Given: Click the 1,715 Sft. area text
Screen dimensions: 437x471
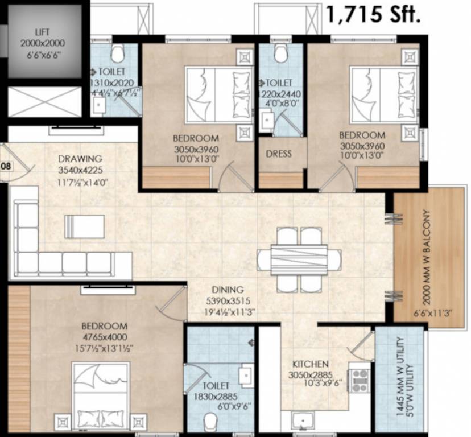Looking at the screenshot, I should pyautogui.click(x=373, y=14).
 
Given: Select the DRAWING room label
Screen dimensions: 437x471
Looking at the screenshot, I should pyautogui.click(x=80, y=158).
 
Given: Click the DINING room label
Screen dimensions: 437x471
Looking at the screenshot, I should pyautogui.click(x=228, y=289).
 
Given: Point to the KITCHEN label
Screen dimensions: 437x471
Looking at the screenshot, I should pyautogui.click(x=310, y=364).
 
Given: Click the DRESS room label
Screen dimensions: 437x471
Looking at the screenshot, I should pyautogui.click(x=279, y=154).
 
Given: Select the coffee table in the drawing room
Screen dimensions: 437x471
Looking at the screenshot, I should pyautogui.click(x=85, y=226).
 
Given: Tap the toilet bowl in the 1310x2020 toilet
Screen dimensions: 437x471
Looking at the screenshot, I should pyautogui.click(x=118, y=55).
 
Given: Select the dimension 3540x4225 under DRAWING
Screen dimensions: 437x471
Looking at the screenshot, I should pyautogui.click(x=82, y=169).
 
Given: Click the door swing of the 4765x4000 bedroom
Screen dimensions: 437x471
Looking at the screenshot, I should pyautogui.click(x=171, y=304).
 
